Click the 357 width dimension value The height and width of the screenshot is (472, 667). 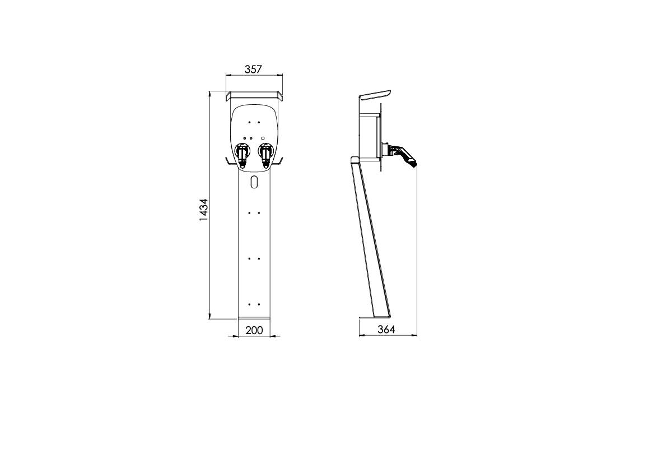254,69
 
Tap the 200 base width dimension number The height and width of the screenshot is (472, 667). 254,330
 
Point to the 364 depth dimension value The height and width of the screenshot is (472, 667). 386,330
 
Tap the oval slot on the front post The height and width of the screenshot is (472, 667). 254,182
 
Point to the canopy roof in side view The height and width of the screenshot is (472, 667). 375,95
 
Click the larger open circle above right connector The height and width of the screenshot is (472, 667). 263,137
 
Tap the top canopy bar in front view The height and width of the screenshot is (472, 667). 254,93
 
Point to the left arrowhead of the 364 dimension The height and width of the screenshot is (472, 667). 361,336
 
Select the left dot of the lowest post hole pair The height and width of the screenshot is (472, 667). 249,304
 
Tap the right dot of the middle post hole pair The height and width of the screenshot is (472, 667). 258,258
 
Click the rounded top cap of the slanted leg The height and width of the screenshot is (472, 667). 355,160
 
